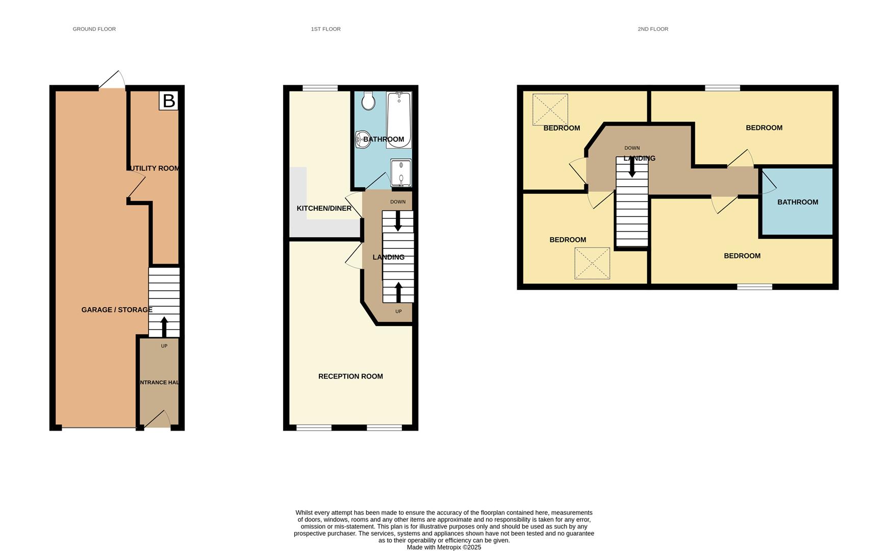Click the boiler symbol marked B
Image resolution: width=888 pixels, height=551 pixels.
point(168,101)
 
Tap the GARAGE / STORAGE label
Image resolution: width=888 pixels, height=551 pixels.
point(117,310)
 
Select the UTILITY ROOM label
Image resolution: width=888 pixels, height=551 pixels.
point(155,168)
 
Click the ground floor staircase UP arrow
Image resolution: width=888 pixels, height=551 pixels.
point(164,327)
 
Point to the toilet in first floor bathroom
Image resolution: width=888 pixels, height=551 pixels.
point(368,101)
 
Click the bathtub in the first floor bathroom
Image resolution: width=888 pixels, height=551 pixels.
point(399,120)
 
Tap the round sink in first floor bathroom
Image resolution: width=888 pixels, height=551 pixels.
point(363,139)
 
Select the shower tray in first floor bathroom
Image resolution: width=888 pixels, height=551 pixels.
point(401,173)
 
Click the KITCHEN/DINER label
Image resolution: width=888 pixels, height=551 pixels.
point(324,208)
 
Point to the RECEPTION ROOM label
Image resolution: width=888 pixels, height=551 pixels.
point(350,377)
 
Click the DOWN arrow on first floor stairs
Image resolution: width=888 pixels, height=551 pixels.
point(398,220)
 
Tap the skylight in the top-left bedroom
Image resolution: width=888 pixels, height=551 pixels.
point(550,109)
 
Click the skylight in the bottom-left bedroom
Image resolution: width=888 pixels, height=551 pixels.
point(592,263)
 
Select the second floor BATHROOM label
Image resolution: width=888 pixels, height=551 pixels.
point(797,202)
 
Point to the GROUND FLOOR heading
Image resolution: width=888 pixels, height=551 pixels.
point(94,29)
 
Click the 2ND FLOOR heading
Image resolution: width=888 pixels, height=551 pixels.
point(653,29)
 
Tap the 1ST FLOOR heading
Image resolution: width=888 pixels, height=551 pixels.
point(326,29)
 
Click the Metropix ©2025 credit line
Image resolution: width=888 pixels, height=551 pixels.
point(444,547)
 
